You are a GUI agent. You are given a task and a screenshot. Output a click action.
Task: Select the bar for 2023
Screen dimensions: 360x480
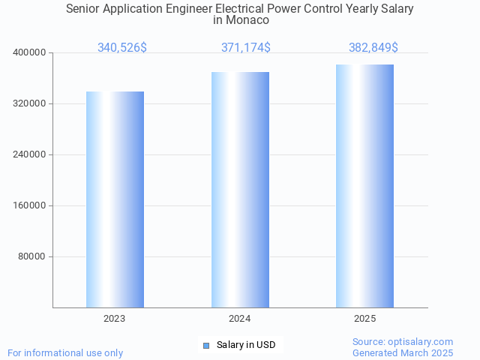tap(115, 199)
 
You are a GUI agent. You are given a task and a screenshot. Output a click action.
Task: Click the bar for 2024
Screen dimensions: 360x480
tap(240, 190)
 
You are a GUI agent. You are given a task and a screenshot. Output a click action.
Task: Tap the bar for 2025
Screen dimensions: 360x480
tap(364, 186)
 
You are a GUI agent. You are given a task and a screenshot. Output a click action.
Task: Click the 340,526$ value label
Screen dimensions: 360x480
tap(122, 48)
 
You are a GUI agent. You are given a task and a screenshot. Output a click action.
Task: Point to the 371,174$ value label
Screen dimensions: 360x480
tap(246, 48)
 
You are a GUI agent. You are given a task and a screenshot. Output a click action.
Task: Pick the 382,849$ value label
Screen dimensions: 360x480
tap(373, 48)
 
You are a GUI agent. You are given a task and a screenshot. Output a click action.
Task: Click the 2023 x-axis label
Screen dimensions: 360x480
tap(115, 319)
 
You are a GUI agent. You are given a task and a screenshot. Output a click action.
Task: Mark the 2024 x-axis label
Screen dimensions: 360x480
tap(240, 319)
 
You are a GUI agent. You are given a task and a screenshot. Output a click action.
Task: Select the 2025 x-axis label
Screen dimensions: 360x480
tap(364, 319)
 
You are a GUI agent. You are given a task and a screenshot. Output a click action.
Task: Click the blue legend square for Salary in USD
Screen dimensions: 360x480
tap(206, 345)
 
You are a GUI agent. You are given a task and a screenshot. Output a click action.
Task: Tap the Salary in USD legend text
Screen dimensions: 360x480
tap(246, 345)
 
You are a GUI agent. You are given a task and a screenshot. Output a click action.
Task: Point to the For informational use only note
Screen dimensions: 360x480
tap(65, 352)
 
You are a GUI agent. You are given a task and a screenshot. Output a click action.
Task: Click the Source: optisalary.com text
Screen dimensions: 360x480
tap(403, 342)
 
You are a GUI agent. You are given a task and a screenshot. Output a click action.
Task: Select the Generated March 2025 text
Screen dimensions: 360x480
tap(403, 352)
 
